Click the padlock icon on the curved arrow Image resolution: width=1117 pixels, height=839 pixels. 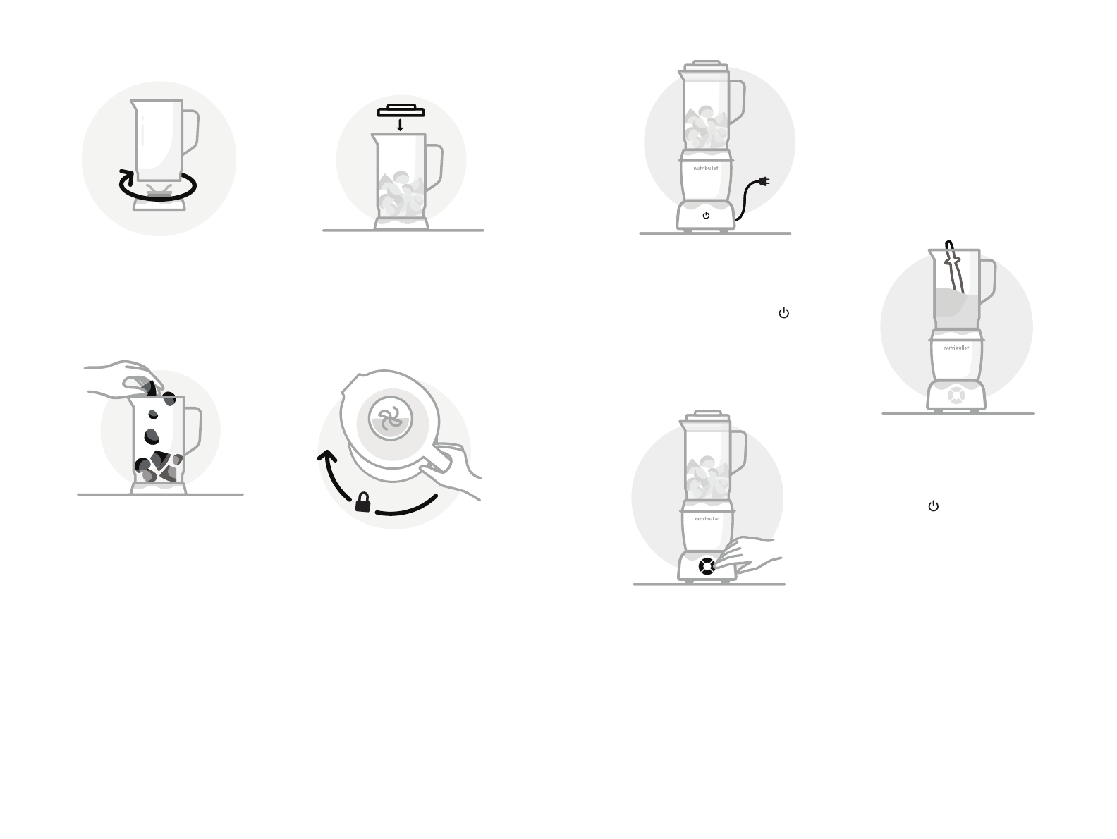[x=362, y=502]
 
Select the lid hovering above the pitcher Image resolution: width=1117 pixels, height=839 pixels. [x=401, y=110]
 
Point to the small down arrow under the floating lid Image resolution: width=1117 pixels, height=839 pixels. [x=401, y=125]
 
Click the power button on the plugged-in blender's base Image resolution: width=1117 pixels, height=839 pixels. [x=706, y=215]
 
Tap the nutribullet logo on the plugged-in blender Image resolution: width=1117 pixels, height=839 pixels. [x=706, y=169]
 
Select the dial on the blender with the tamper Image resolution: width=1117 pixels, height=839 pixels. [x=956, y=396]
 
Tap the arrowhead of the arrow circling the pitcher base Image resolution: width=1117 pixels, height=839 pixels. [x=126, y=175]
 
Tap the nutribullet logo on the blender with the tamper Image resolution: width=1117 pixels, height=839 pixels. [x=956, y=348]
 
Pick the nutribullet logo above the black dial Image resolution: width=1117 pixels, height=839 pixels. [x=707, y=519]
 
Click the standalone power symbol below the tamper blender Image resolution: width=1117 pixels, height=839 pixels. [x=934, y=506]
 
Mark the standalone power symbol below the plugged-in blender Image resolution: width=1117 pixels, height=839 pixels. [x=783, y=313]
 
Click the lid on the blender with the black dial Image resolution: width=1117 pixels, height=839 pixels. [x=706, y=417]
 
